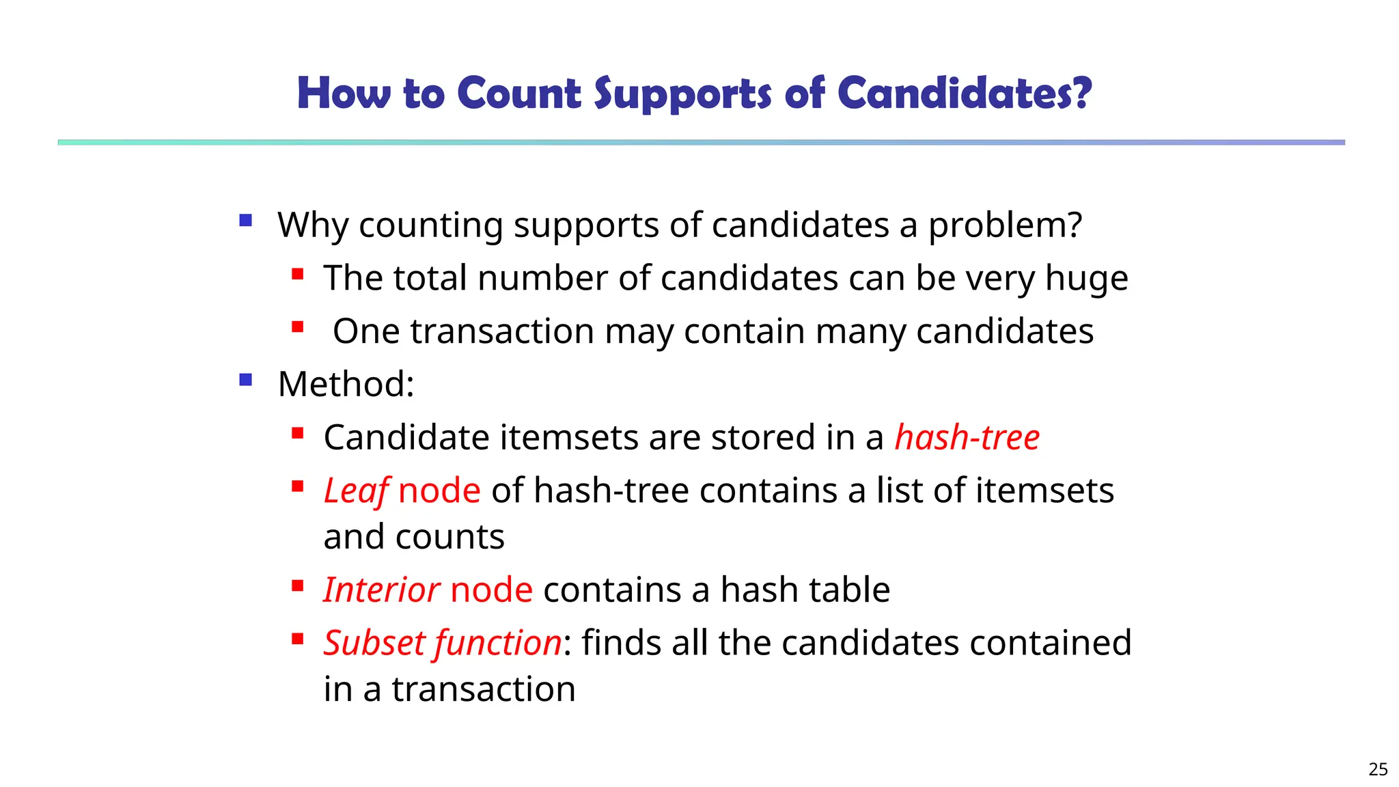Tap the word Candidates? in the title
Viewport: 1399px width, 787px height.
point(965,93)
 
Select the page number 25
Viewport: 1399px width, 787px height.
point(1378,769)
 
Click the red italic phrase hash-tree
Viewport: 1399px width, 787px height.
point(967,437)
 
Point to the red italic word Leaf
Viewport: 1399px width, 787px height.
point(356,491)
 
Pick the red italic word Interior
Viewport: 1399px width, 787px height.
point(380,590)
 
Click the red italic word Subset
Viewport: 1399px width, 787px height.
point(374,643)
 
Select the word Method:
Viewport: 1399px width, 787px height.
point(346,384)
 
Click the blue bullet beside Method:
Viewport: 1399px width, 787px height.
point(246,380)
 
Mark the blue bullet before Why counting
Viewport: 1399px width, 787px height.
point(246,221)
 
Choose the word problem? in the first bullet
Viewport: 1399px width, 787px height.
point(1005,225)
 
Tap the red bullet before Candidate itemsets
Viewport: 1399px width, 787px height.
point(297,433)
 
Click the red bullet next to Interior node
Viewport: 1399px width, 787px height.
point(297,585)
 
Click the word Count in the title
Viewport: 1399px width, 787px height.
point(519,93)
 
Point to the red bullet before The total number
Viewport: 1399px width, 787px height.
point(297,274)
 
